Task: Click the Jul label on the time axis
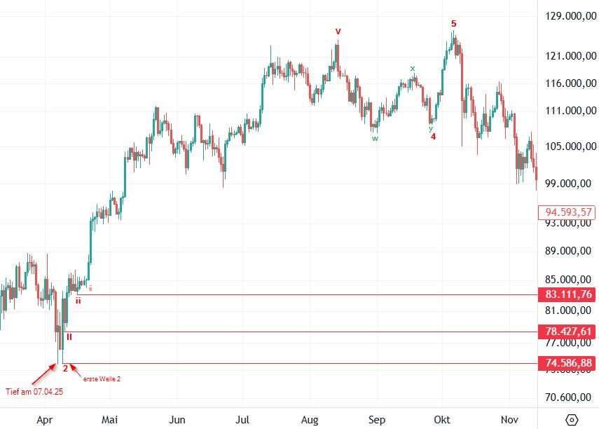(x=242, y=419)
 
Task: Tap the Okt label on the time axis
(x=443, y=419)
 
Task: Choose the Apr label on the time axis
(x=46, y=419)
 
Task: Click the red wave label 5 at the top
(x=453, y=24)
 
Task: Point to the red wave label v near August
(x=338, y=32)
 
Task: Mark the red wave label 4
(x=434, y=136)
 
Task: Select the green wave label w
(x=375, y=138)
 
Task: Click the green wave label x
(x=413, y=68)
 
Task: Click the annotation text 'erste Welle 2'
(x=102, y=379)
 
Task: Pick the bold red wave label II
(x=69, y=337)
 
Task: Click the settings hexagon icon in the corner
(x=572, y=419)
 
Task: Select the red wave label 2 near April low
(x=64, y=367)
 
